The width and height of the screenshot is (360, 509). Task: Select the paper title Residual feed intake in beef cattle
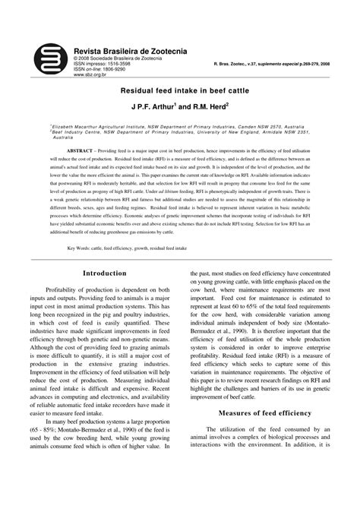pyautogui.click(x=180, y=89)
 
